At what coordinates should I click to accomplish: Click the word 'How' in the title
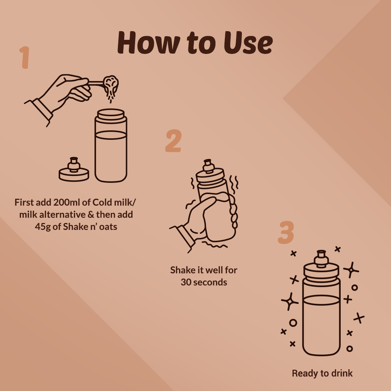click(149, 42)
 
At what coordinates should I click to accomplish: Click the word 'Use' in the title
click(248, 43)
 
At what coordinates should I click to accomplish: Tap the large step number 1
click(25, 57)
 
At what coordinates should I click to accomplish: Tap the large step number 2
click(173, 140)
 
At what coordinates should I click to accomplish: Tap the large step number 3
click(286, 232)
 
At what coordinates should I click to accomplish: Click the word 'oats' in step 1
click(108, 227)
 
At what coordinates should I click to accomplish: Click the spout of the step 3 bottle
click(321, 258)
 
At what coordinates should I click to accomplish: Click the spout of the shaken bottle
click(208, 166)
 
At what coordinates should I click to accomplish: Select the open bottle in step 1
click(111, 146)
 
